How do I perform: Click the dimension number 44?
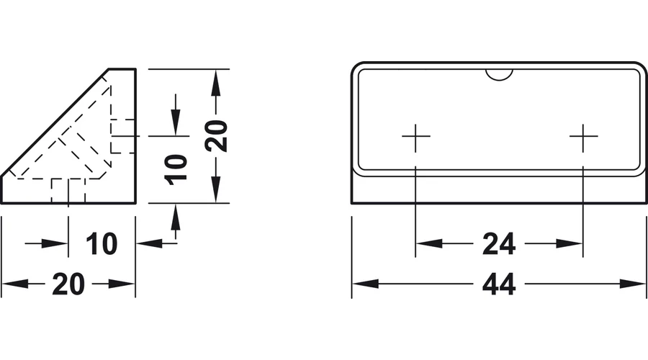(x=499, y=284)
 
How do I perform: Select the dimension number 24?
(x=499, y=244)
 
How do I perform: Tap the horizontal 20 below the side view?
(x=68, y=284)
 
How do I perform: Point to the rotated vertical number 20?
(x=216, y=135)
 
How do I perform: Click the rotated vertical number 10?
(x=176, y=169)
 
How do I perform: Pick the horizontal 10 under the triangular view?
(x=102, y=244)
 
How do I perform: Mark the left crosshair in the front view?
(x=415, y=135)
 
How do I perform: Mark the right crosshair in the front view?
(x=583, y=135)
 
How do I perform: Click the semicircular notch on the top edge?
(x=499, y=77)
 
